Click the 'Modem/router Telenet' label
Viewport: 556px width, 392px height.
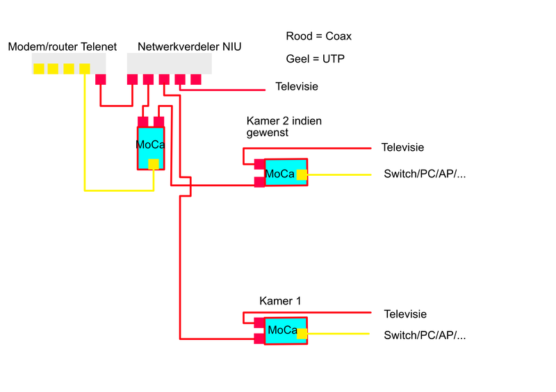click(x=62, y=47)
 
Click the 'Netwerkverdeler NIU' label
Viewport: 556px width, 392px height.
click(x=189, y=47)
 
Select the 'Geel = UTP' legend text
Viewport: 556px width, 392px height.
click(x=315, y=59)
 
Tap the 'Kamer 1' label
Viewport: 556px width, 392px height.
click(x=279, y=301)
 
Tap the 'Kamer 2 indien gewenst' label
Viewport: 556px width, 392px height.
click(x=284, y=126)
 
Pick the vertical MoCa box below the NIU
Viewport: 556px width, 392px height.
click(x=150, y=145)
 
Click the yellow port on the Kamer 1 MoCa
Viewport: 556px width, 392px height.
click(x=302, y=334)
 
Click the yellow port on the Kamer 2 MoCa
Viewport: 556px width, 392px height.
click(x=302, y=174)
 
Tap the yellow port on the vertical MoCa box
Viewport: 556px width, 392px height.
click(x=154, y=164)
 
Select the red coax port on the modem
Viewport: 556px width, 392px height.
click(x=101, y=79)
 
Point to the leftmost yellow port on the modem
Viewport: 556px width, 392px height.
click(x=38, y=68)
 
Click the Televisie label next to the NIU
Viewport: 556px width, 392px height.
click(x=297, y=87)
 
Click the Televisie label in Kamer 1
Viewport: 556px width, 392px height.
click(x=405, y=314)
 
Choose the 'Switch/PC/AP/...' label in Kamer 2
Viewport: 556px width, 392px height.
click(x=425, y=174)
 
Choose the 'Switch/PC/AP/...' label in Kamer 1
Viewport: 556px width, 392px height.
click(x=425, y=335)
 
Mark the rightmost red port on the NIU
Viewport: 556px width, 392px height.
click(x=196, y=79)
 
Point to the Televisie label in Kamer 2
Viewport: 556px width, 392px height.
click(x=402, y=147)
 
